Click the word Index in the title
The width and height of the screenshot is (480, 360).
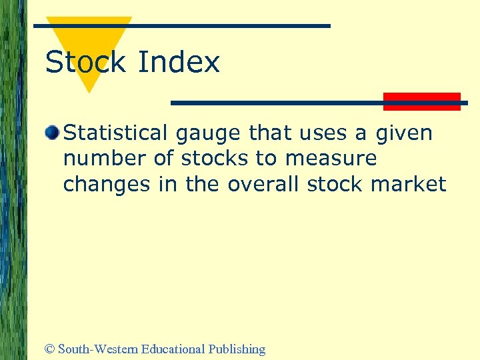[178, 63]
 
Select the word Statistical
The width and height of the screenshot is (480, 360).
[116, 133]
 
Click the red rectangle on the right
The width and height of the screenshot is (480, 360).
[422, 101]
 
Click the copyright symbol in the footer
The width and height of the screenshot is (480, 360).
[49, 349]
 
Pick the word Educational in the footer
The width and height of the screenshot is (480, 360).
[174, 349]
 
